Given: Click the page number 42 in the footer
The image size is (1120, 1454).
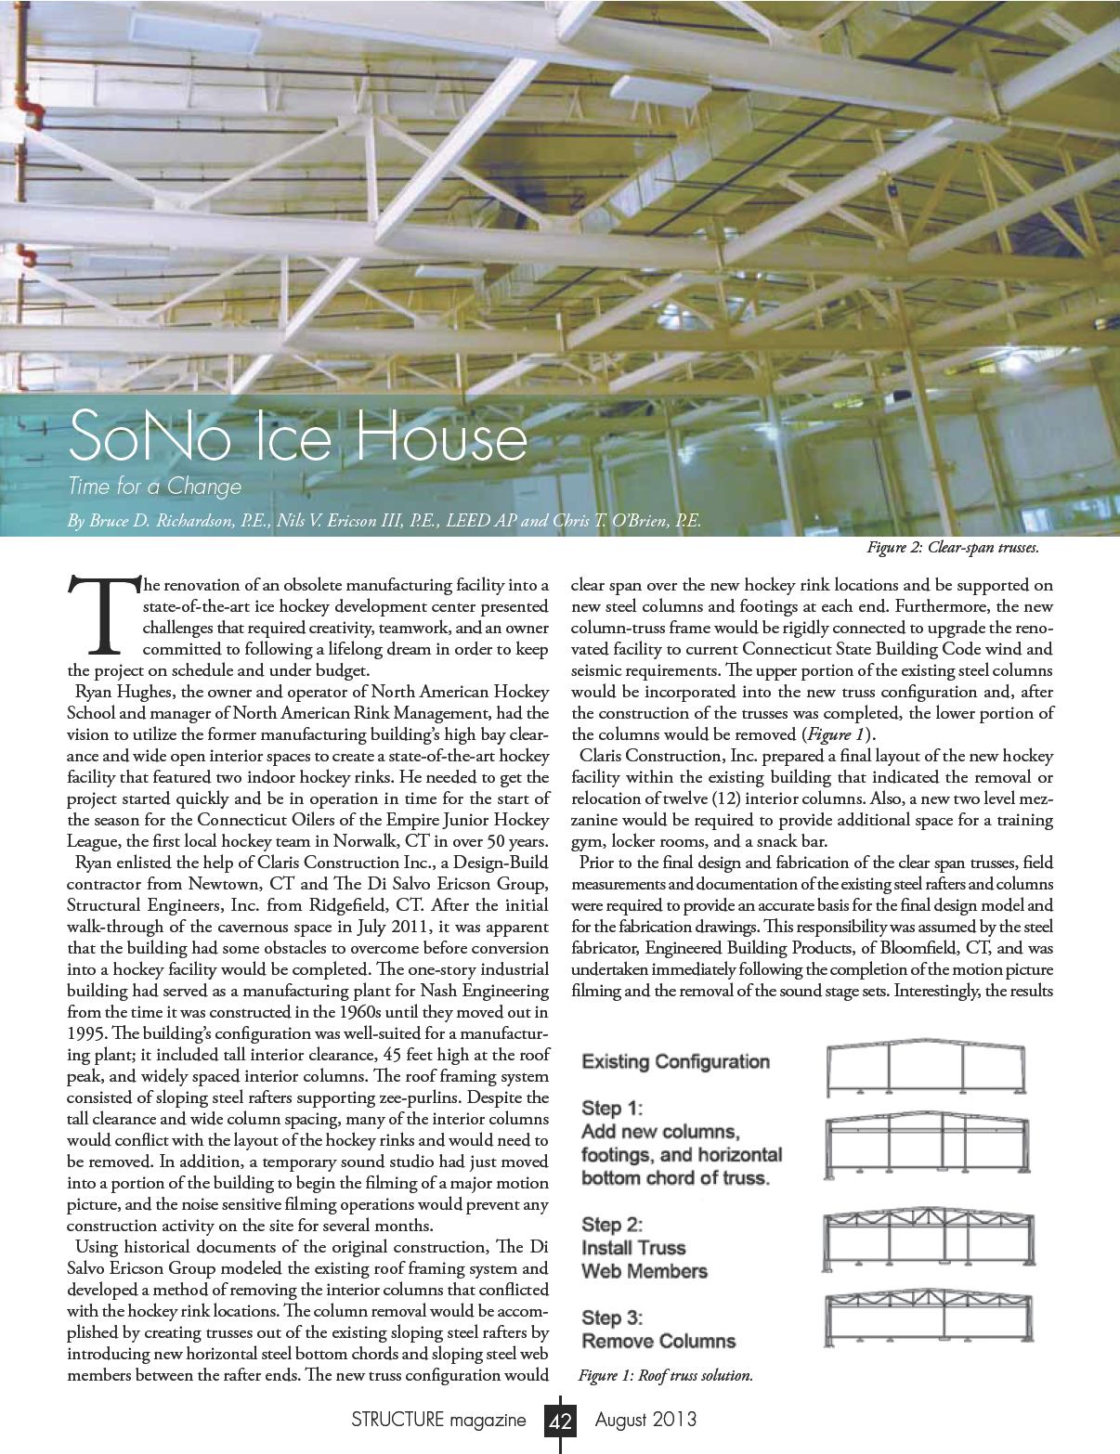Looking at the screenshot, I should tap(561, 1421).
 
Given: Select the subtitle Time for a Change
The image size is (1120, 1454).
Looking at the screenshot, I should tap(154, 487).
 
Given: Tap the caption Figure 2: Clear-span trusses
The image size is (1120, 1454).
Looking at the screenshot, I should tap(952, 548).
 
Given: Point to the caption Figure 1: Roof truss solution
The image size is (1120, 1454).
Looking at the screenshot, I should tap(665, 1375).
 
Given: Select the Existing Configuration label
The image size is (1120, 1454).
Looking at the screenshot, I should tap(675, 1061).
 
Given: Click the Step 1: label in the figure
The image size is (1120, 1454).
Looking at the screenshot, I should tap(612, 1109).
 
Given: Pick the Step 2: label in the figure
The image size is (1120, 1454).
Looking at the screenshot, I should tap(612, 1225).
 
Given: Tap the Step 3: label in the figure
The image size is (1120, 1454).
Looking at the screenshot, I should tap(612, 1318).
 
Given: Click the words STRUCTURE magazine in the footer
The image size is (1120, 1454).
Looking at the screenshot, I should tap(438, 1421).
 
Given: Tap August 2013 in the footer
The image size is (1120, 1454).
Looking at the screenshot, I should tap(645, 1421).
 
